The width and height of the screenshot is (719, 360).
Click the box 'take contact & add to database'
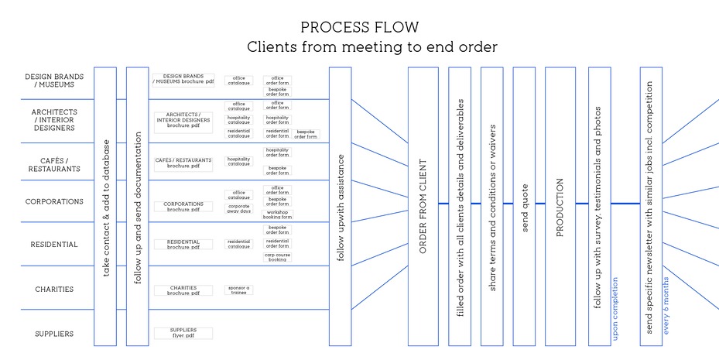coord(104,207)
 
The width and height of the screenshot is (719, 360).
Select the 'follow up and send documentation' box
coord(137,207)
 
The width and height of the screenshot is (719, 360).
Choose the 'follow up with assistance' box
coord(340,207)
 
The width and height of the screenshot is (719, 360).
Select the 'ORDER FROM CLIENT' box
coord(423,207)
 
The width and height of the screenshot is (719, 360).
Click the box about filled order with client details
coord(460,207)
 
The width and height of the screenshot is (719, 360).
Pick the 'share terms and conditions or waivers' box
coord(491,207)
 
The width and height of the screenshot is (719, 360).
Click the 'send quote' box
coord(524,207)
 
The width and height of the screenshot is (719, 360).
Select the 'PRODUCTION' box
coord(560,207)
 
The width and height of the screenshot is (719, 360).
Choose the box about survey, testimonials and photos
coord(599,207)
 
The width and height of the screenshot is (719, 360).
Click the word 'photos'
coord(598,140)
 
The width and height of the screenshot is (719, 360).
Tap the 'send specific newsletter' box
coord(650,207)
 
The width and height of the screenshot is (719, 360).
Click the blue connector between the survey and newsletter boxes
coord(625,204)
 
